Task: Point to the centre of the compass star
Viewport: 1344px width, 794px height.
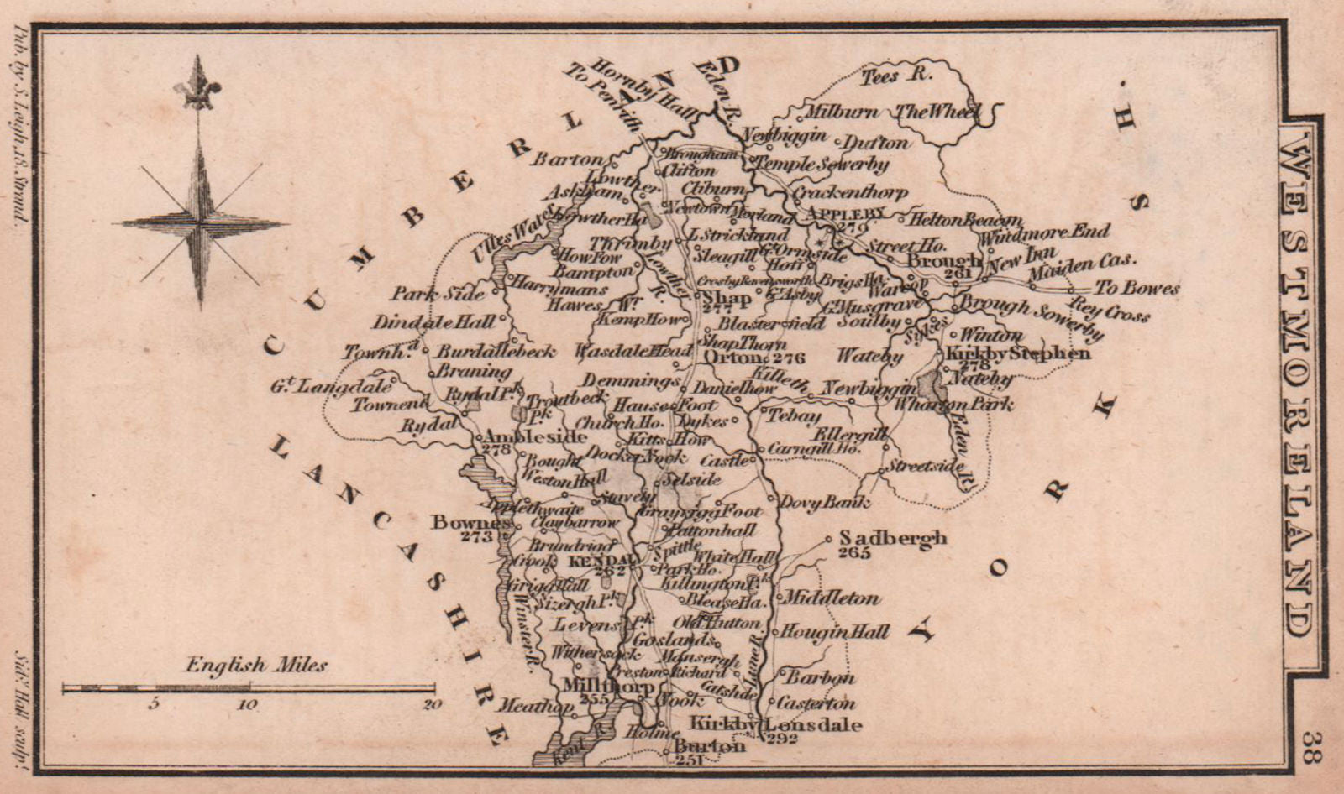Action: tap(199, 224)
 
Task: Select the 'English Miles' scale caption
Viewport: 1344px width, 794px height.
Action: tap(257, 666)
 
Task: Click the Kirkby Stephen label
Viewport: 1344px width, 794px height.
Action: tap(1018, 353)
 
